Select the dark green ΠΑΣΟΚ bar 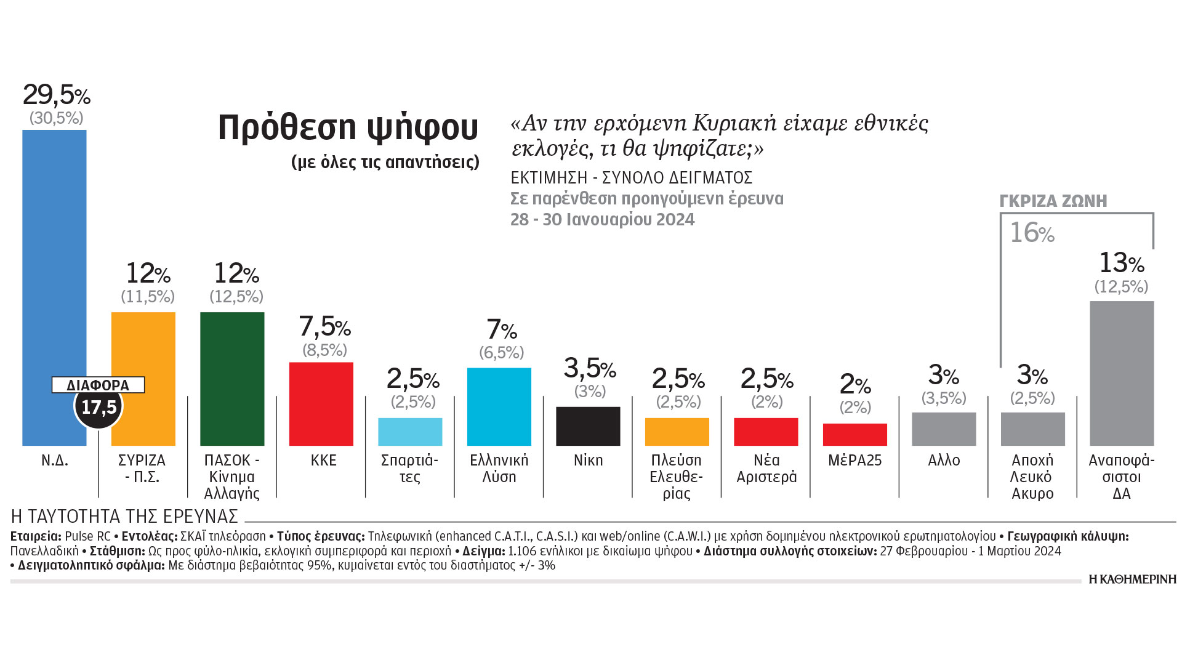coord(232,379)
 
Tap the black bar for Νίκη coord(588,426)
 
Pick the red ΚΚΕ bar coord(321,404)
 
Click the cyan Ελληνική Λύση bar coord(499,406)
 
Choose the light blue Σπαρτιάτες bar coord(410,432)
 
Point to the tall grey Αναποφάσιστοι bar coord(1122,373)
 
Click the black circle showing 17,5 coord(98,407)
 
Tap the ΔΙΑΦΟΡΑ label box coord(98,385)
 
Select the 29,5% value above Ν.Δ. coord(56,95)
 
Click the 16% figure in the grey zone coord(1032,233)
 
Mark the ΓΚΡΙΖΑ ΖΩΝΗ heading coord(1053,201)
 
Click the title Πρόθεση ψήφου coord(348,127)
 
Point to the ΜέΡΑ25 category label coord(854,461)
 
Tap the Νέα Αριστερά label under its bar coord(766,469)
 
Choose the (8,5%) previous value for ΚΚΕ coord(324,350)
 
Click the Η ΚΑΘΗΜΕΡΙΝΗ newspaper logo coord(1132,579)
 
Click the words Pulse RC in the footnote coord(87,536)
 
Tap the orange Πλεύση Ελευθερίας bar coord(677,432)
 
